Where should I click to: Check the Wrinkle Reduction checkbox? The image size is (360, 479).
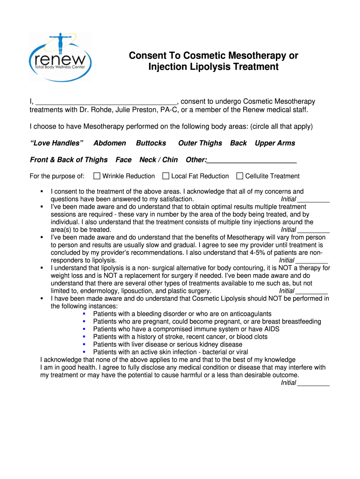click(97, 176)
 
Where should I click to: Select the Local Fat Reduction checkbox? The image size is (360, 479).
click(166, 176)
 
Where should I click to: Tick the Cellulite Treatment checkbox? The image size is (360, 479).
click(240, 176)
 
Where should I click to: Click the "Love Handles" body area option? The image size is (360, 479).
click(57, 143)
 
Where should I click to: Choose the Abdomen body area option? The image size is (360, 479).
click(110, 143)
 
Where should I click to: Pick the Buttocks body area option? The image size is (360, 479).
click(151, 143)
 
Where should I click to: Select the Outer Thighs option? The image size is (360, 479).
click(200, 143)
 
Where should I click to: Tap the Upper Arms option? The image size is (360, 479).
click(275, 143)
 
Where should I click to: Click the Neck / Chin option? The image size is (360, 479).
click(158, 160)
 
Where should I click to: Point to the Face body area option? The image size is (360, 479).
click(123, 160)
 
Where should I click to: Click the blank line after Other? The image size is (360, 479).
click(252, 160)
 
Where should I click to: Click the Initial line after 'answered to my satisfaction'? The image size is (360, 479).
click(313, 200)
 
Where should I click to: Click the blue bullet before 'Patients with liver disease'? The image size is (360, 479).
click(84, 344)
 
